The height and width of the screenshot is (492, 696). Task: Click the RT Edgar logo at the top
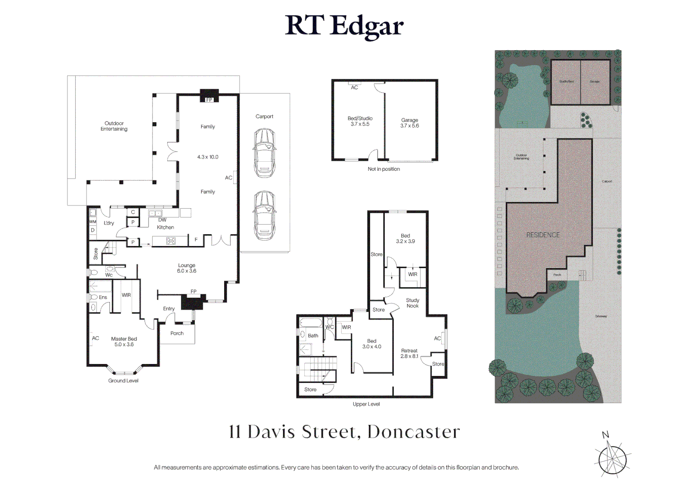tap(344, 26)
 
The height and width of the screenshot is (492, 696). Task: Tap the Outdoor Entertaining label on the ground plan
tap(114, 126)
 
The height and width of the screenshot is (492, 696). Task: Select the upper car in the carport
tap(265, 153)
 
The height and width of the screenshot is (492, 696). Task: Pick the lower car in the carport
tap(265, 215)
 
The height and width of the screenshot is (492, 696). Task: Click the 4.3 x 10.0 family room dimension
tap(208, 157)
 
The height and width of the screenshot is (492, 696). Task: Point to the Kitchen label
tap(165, 227)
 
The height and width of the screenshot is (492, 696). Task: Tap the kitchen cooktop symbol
tap(171, 241)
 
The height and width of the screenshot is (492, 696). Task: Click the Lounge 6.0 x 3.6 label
tap(187, 268)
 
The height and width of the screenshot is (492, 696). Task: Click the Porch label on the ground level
tap(177, 333)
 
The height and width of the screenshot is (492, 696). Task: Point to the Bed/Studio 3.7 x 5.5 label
tap(360, 121)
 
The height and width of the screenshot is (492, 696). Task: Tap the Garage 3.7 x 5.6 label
tap(409, 123)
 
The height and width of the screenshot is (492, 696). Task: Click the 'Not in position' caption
tap(384, 169)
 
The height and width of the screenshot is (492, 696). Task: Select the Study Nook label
tap(413, 303)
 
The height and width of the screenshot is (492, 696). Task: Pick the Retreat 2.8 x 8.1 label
tap(409, 354)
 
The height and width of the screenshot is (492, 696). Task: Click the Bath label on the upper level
tap(313, 336)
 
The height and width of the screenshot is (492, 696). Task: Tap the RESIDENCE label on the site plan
tap(543, 235)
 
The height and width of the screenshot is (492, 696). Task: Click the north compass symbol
tap(612, 458)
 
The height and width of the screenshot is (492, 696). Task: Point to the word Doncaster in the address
tap(414, 432)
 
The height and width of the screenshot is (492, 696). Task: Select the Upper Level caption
tap(366, 404)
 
